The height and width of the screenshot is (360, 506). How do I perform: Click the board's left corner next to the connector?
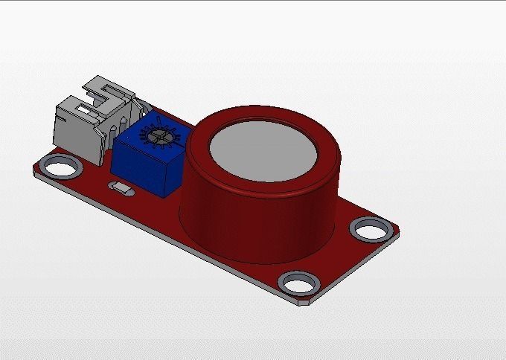pos(37,170)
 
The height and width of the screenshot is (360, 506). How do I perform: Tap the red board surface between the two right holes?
pos(339,257)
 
